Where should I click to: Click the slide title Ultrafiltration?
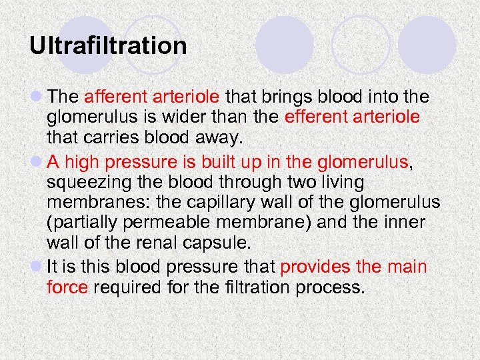click(x=108, y=46)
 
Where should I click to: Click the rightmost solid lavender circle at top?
click(x=427, y=45)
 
